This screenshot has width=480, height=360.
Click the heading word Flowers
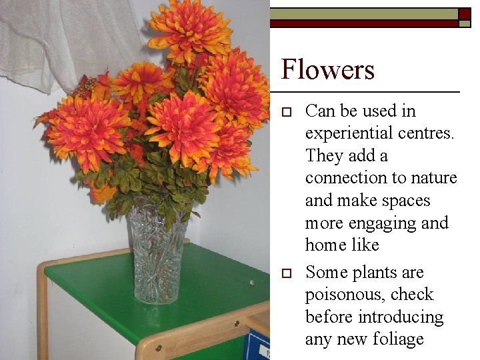[327, 69]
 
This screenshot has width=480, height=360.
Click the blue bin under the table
[257, 345]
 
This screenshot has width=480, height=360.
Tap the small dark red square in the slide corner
[465, 13]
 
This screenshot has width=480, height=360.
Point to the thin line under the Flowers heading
[370, 91]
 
